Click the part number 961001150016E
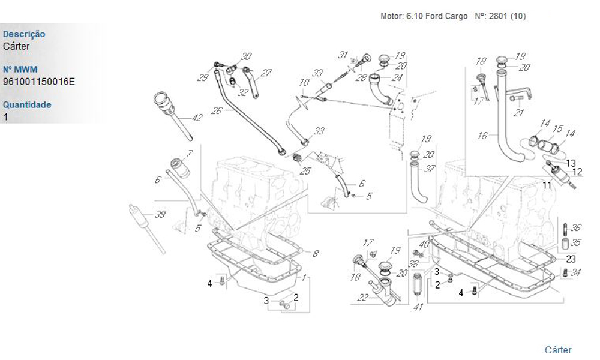(39, 82)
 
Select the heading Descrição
(24, 35)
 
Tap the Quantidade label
(27, 105)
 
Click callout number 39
(161, 215)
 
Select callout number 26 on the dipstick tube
(217, 110)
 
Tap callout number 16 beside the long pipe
(482, 136)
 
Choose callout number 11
(547, 185)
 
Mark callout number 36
(575, 227)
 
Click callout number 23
(571, 259)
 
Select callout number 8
(316, 253)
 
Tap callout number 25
(306, 171)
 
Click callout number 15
(557, 128)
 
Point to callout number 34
(577, 272)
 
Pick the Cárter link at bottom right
(558, 350)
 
